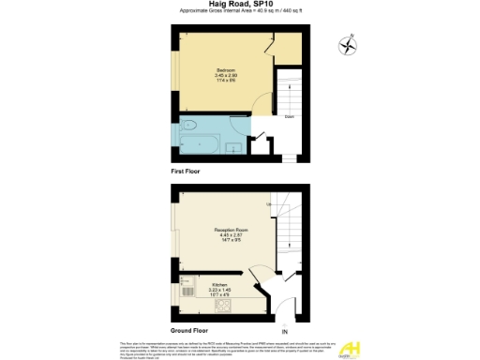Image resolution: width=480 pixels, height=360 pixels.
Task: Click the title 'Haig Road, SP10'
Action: pyautogui.click(x=239, y=5)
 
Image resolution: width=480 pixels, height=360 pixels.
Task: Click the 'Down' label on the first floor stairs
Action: pyautogui.click(x=292, y=117)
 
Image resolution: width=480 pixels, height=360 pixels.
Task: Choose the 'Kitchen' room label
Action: pyautogui.click(x=219, y=283)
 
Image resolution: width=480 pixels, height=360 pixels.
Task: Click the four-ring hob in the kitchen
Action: pyautogui.click(x=222, y=309)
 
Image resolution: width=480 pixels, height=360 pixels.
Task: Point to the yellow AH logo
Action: pyautogui.click(x=355, y=346)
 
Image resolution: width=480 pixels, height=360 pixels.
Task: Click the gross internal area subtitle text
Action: pyautogui.click(x=239, y=12)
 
